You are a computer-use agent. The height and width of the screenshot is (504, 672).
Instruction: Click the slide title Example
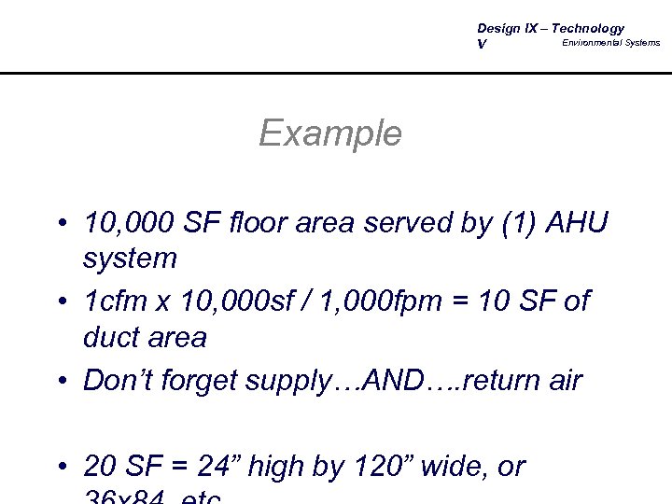[330, 133]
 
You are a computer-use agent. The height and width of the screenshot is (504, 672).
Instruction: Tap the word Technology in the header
[584, 28]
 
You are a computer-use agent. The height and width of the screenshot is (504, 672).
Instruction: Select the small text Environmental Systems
[610, 43]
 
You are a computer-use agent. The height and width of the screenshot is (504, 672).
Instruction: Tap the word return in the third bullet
[491, 381]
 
